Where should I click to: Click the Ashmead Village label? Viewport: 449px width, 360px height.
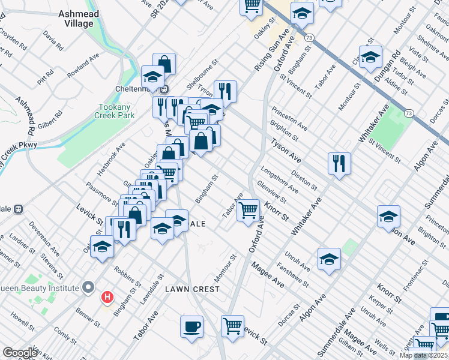tap(79, 19)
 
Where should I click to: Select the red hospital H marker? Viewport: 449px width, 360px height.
tap(107, 297)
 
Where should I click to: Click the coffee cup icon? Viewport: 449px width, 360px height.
tap(191, 327)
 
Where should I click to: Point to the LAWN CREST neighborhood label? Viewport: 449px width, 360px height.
tap(193, 289)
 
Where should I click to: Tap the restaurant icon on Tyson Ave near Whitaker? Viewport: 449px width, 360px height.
tap(339, 163)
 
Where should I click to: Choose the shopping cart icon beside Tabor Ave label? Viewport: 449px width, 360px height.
tap(248, 211)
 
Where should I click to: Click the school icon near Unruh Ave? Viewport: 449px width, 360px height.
tap(328, 259)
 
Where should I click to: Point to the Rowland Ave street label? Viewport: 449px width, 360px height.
tap(83, 67)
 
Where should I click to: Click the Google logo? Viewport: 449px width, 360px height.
tap(20, 353)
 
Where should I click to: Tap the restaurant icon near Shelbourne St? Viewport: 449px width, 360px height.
tap(225, 91)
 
